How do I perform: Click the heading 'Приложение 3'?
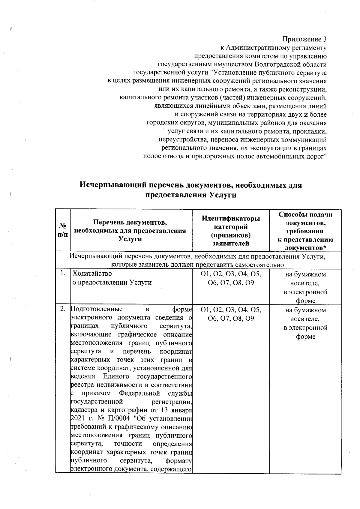pos(304,40)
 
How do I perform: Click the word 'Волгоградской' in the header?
pos(275,64)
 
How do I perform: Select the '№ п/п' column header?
pos(63,230)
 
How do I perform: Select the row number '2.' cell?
pos(63,309)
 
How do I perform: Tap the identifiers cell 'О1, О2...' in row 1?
pos(231,278)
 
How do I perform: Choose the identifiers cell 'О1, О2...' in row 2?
pos(231,314)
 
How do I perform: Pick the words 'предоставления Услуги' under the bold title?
pos(191,195)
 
